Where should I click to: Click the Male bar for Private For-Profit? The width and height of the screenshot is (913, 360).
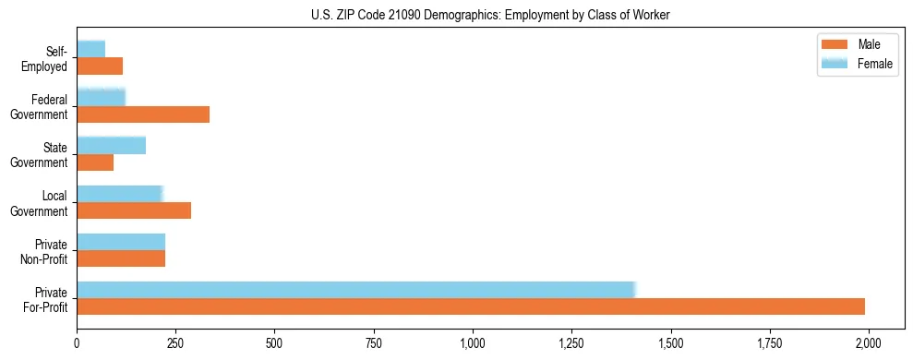[x=471, y=306]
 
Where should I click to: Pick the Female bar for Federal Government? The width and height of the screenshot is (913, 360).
[x=101, y=97]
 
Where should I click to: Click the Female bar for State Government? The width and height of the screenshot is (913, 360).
[x=111, y=145]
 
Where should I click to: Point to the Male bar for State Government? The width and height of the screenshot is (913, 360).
[x=95, y=162]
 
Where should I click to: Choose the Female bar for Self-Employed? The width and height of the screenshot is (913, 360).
[x=90, y=49]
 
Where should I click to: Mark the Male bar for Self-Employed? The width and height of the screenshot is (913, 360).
[x=100, y=66]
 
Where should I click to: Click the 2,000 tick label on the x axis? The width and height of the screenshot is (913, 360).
[x=869, y=342]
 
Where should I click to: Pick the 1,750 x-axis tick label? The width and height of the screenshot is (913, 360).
[x=770, y=342]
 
